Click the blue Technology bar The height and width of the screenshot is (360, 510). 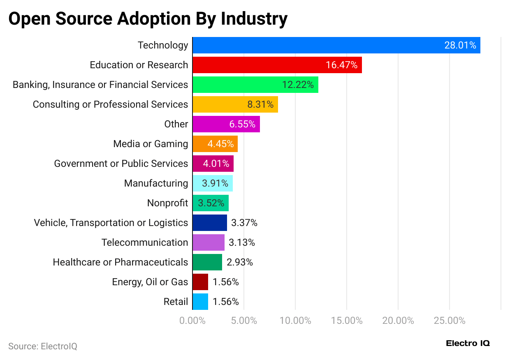point(336,45)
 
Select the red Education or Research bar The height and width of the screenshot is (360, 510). point(277,65)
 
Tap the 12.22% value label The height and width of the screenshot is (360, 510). point(298,85)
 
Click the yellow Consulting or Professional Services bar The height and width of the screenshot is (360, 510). point(235,104)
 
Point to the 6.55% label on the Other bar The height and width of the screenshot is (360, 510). point(242,124)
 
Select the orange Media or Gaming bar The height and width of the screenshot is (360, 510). point(215,144)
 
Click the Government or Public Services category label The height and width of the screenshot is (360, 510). point(121,164)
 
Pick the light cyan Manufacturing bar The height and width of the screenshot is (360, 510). point(213,183)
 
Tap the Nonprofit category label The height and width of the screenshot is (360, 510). point(167,203)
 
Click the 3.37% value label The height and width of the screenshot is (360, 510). point(244,223)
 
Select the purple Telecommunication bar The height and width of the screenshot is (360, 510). point(209,242)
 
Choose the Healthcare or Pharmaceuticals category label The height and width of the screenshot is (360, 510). point(120,262)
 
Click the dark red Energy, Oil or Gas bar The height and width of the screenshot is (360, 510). point(200,282)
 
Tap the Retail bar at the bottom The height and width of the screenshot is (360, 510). point(200,302)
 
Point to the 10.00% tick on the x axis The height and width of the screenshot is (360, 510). point(295,321)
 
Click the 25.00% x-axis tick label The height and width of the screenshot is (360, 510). point(450,321)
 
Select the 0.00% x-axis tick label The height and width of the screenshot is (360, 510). point(192,321)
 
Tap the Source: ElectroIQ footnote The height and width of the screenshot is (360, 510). point(43,346)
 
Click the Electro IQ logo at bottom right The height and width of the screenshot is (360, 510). point(468,343)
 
